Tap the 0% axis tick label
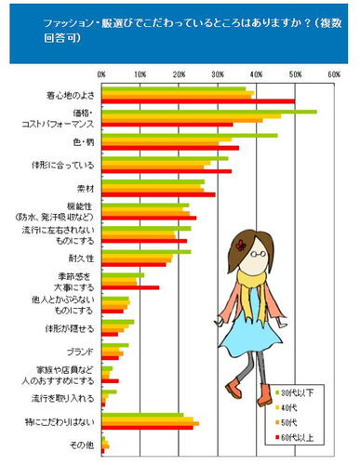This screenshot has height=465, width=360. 100,73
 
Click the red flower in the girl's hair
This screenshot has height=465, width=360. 241,246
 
